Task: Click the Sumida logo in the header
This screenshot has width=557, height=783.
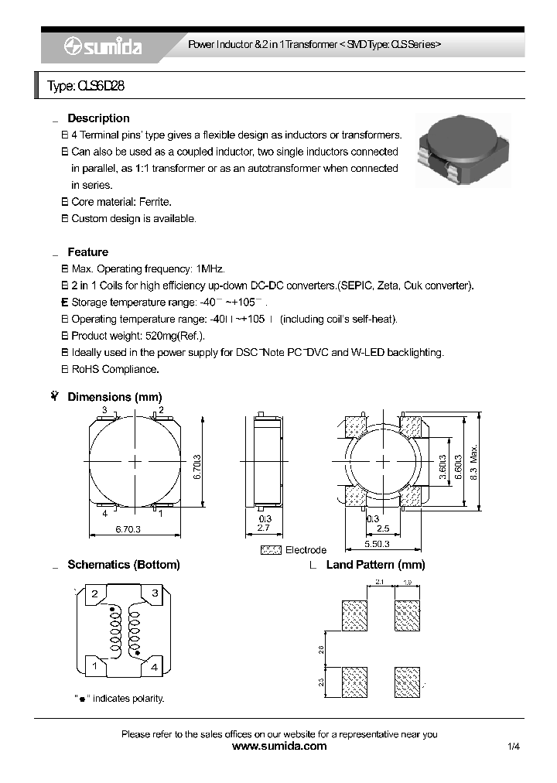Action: pyautogui.click(x=102, y=47)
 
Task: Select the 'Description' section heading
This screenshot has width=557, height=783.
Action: pyautogui.click(x=98, y=118)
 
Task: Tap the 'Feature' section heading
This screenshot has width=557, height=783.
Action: pyautogui.click(x=87, y=252)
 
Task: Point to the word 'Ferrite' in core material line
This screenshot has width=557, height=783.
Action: pyautogui.click(x=155, y=202)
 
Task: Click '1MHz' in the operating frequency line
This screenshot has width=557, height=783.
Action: pyautogui.click(x=210, y=269)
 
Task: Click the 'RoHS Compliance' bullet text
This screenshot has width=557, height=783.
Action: pyautogui.click(x=115, y=369)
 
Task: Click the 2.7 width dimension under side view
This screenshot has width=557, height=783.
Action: pyautogui.click(x=264, y=528)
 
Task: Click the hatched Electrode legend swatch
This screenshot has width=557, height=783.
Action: pyautogui.click(x=272, y=549)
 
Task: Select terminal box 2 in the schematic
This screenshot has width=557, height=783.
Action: pyautogui.click(x=94, y=594)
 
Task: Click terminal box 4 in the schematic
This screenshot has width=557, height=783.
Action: pyautogui.click(x=154, y=666)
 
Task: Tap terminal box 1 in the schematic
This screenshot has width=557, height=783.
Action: pyautogui.click(x=94, y=666)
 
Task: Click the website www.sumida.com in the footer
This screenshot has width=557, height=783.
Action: pyautogui.click(x=279, y=747)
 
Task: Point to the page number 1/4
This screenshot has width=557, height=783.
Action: pyautogui.click(x=514, y=747)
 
